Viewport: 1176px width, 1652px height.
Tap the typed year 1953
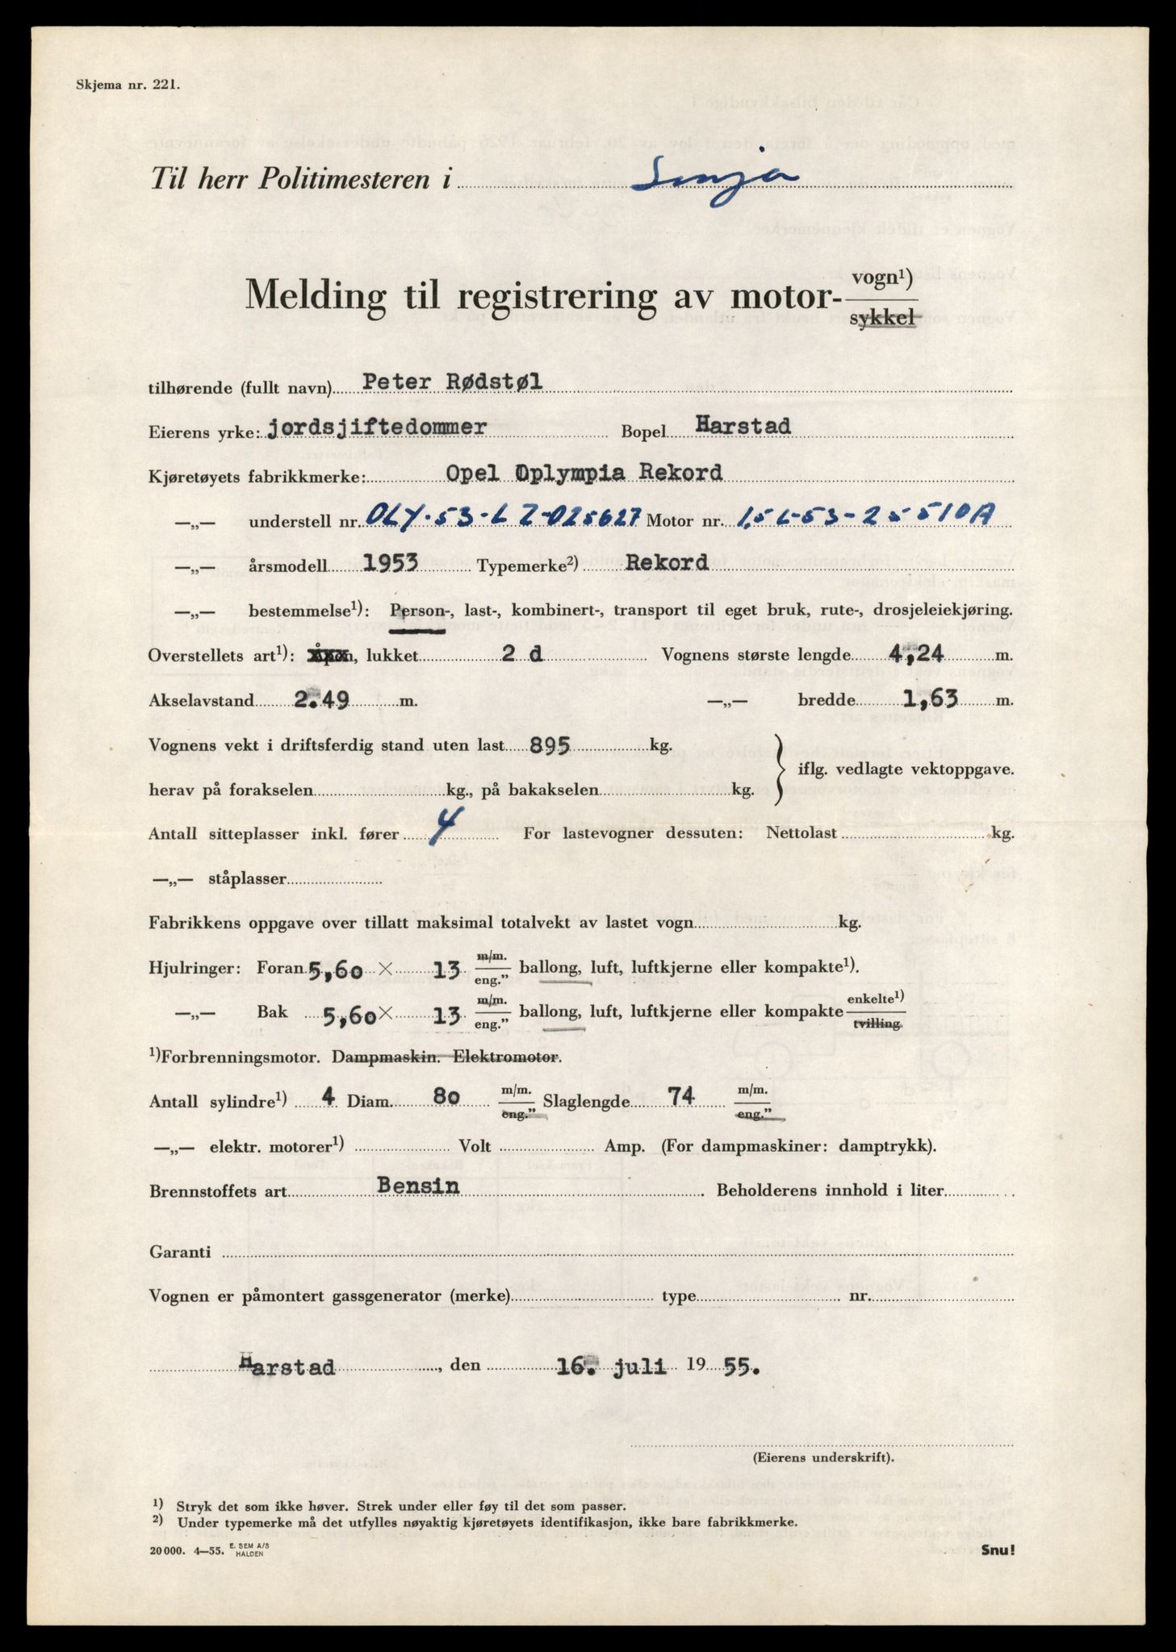[390, 563]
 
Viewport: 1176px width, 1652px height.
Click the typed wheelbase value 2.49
[321, 700]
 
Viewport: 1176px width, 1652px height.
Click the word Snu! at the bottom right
[998, 1550]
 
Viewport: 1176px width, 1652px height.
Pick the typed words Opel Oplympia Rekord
[584, 473]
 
